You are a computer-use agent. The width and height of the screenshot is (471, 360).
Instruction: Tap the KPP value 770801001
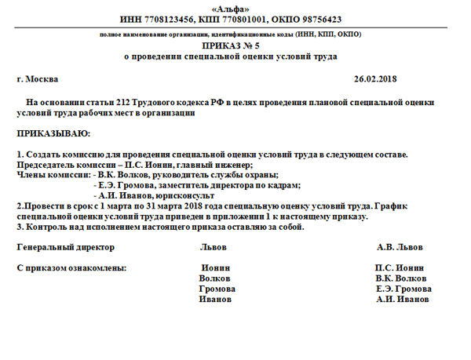pyautogui.click(x=244, y=19)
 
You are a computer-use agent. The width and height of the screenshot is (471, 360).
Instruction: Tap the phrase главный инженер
pyautogui.click(x=221, y=165)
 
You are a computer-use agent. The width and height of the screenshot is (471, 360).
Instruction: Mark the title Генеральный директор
pyautogui.click(x=65, y=247)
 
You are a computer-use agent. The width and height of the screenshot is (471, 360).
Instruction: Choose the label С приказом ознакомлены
pyautogui.click(x=71, y=268)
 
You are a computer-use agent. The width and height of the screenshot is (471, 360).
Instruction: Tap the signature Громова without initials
pyautogui.click(x=217, y=289)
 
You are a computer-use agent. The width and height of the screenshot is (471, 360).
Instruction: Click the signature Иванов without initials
pyautogui.click(x=216, y=299)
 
